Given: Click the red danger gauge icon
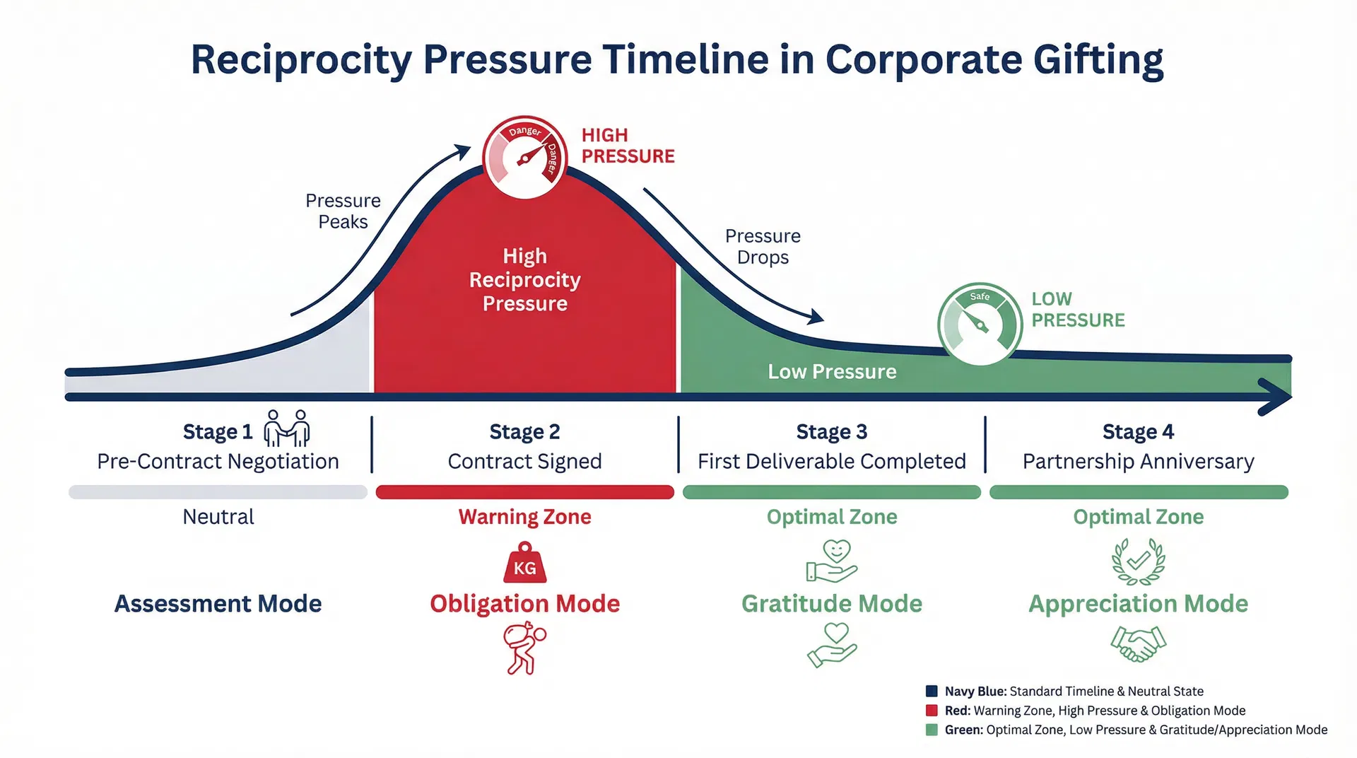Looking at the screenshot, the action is tap(524, 157).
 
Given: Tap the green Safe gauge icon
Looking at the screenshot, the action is tap(980, 325).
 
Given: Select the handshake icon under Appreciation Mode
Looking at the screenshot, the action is tap(1138, 643).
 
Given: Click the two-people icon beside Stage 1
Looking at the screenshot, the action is tap(286, 428).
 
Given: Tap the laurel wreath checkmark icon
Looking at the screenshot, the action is tap(1138, 561).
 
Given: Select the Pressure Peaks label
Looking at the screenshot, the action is tap(343, 211).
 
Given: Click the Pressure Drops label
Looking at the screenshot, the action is tap(763, 246).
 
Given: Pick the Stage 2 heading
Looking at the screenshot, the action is tap(524, 431).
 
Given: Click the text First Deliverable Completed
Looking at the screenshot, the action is tap(831, 461).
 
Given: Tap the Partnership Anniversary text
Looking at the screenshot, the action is tap(1138, 462).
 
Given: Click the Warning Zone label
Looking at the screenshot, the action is tap(524, 517).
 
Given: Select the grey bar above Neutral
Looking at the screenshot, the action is tap(218, 492).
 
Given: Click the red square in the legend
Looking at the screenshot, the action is tap(932, 711).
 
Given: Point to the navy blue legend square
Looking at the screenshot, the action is tap(932, 692).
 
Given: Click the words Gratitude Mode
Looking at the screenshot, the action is tap(831, 604).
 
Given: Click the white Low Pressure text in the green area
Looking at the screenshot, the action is tap(832, 371).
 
